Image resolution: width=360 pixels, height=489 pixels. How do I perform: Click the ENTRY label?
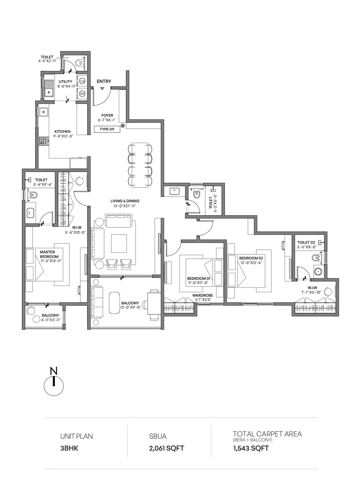[x=104, y=81]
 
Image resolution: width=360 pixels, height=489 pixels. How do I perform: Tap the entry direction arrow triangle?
[x=102, y=88]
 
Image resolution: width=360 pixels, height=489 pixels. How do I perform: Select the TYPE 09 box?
[x=107, y=129]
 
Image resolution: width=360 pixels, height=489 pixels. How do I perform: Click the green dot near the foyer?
[x=123, y=126]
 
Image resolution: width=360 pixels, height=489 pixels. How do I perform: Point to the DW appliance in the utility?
[x=82, y=81]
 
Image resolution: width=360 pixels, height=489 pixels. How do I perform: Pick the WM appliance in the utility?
[x=82, y=94]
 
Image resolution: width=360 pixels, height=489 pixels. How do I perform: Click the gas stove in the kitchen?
[x=44, y=141]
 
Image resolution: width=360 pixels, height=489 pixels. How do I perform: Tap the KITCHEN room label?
[x=63, y=132]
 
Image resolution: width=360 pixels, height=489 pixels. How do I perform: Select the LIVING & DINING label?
[x=125, y=201]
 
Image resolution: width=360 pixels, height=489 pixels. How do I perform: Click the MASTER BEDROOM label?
[x=49, y=254]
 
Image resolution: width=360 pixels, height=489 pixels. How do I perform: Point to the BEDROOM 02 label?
[x=251, y=258]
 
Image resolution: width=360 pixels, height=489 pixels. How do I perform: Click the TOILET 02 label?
[x=306, y=242]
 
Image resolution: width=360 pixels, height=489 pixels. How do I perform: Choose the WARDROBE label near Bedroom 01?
[x=203, y=296]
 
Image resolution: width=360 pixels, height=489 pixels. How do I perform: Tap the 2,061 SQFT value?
[x=167, y=448]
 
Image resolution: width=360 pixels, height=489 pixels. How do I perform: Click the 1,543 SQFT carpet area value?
[x=251, y=448]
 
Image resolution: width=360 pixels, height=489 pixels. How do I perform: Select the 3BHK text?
[x=69, y=448]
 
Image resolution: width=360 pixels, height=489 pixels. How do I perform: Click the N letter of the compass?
[x=54, y=371]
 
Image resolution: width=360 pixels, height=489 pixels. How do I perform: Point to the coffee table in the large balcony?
[x=114, y=303]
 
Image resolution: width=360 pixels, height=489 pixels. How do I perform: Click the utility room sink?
[x=48, y=88]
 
